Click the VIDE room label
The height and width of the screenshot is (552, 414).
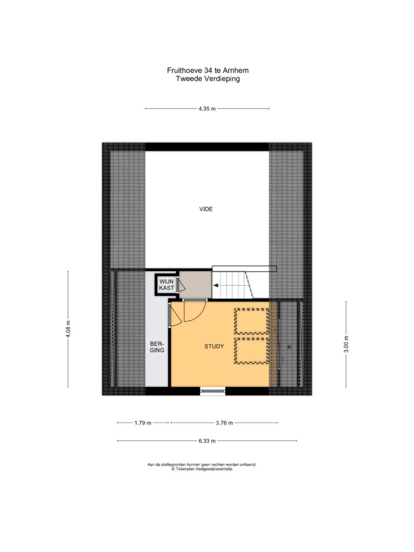tap(206, 209)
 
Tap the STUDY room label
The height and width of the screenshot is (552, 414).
tap(214, 347)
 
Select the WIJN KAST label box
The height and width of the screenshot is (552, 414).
tap(167, 285)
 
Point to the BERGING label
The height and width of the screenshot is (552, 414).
tap(157, 347)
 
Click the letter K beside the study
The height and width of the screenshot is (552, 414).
tap(289, 347)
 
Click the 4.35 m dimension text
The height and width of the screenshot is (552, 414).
tap(207, 109)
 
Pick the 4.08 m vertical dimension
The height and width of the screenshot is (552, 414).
tap(68, 329)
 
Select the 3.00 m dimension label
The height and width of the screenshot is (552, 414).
tap(346, 344)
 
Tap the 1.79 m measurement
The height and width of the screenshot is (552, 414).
tap(142, 423)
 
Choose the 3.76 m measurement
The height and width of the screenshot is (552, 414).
tap(224, 423)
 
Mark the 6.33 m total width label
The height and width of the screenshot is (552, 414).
tap(207, 441)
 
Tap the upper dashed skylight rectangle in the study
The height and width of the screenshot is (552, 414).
tap(252, 321)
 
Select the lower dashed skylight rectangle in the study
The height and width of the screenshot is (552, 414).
tap(252, 350)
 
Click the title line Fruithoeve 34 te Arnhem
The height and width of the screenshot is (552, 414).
tap(208, 71)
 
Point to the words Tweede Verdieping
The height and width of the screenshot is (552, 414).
tap(208, 79)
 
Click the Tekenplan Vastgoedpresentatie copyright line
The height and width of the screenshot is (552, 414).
tap(202, 469)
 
